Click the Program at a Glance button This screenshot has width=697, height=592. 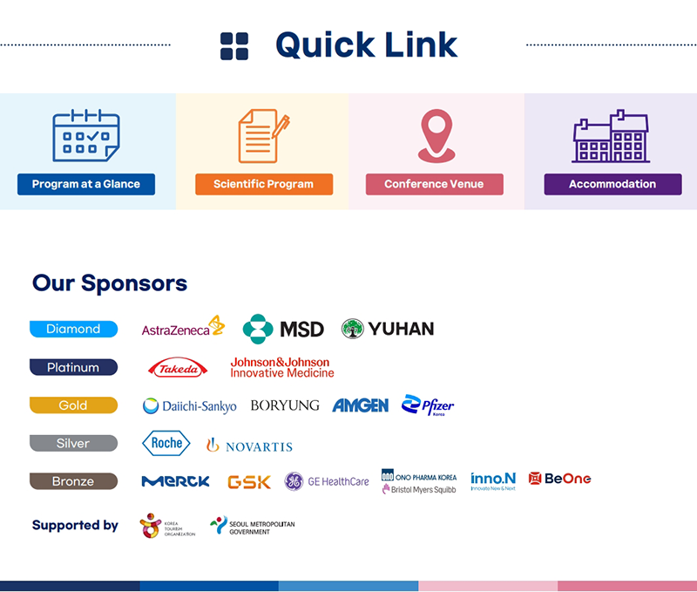tap(86, 184)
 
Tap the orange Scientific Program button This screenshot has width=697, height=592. tap(263, 184)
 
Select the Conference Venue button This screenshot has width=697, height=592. tap(434, 184)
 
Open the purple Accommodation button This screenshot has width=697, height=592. tap(612, 184)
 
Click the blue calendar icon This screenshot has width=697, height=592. tap(85, 136)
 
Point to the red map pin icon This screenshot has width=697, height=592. tap(436, 136)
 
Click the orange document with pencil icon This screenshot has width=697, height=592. tap(263, 136)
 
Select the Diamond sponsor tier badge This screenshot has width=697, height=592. tap(73, 329)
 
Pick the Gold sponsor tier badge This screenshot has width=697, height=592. tap(73, 405)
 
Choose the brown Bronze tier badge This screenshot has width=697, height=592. tap(73, 481)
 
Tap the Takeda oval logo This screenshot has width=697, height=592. tap(179, 369)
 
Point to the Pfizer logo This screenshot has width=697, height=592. tap(428, 405)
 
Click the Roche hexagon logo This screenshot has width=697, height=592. tap(166, 443)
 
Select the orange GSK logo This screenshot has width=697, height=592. tap(249, 481)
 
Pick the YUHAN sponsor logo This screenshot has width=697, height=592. tap(388, 329)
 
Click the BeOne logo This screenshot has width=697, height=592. tap(559, 479)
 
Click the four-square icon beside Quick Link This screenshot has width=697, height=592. tap(234, 46)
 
